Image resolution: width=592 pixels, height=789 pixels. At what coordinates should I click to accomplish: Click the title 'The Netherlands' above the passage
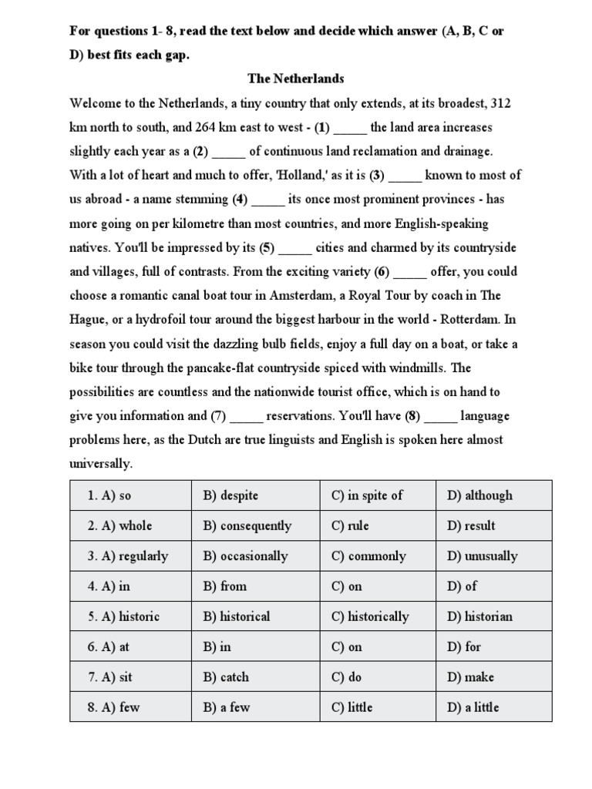pos(295,79)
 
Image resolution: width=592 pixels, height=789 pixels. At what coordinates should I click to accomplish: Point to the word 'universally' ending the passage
pos(100,464)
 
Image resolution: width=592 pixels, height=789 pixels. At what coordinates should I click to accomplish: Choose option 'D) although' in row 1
pos(479,495)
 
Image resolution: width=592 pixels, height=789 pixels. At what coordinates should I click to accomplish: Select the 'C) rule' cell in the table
pos(350,525)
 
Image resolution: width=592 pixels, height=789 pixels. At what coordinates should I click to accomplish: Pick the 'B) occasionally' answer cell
pos(245,556)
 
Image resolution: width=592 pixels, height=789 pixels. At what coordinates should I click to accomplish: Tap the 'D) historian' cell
pos(479,616)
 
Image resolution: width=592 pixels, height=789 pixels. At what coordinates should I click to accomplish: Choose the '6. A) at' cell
pos(109,646)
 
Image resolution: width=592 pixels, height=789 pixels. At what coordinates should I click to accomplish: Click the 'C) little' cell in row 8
pos(352,707)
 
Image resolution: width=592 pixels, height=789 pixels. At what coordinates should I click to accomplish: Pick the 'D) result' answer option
pos(471,525)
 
